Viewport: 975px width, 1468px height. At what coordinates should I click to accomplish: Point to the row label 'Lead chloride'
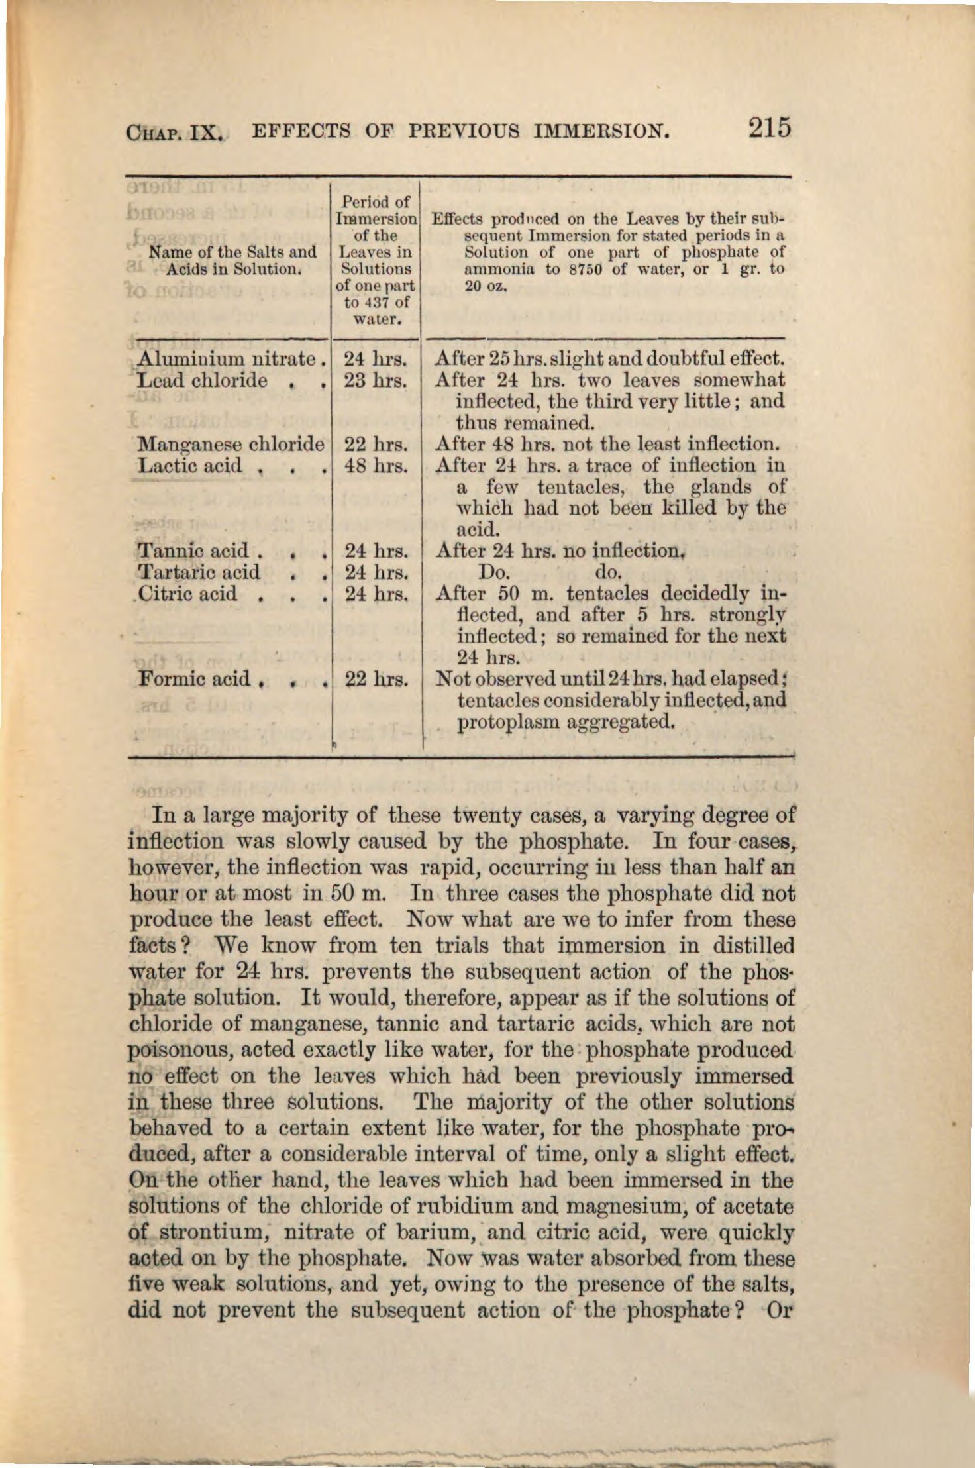pyautogui.click(x=202, y=380)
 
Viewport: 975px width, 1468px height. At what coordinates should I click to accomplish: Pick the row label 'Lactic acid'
pyautogui.click(x=190, y=465)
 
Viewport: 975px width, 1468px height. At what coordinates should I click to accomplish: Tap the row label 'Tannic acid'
pyautogui.click(x=193, y=550)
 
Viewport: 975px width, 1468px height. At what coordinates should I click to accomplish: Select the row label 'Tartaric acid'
pyautogui.click(x=199, y=572)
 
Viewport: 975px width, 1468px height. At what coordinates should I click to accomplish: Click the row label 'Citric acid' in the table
pyautogui.click(x=188, y=593)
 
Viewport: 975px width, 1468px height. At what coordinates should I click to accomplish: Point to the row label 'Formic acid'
pyautogui.click(x=195, y=678)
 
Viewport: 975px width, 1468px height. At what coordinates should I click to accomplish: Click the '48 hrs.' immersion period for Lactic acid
pyautogui.click(x=376, y=466)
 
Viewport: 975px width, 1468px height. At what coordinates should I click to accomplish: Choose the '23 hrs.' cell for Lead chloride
pyautogui.click(x=376, y=381)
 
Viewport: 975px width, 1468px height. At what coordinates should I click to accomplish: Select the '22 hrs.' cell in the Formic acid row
pyautogui.click(x=376, y=679)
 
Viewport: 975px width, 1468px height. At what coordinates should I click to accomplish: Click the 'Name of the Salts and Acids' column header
pyautogui.click(x=233, y=260)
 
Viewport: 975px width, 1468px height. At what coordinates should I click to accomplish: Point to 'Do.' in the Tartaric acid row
pyautogui.click(x=492, y=572)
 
